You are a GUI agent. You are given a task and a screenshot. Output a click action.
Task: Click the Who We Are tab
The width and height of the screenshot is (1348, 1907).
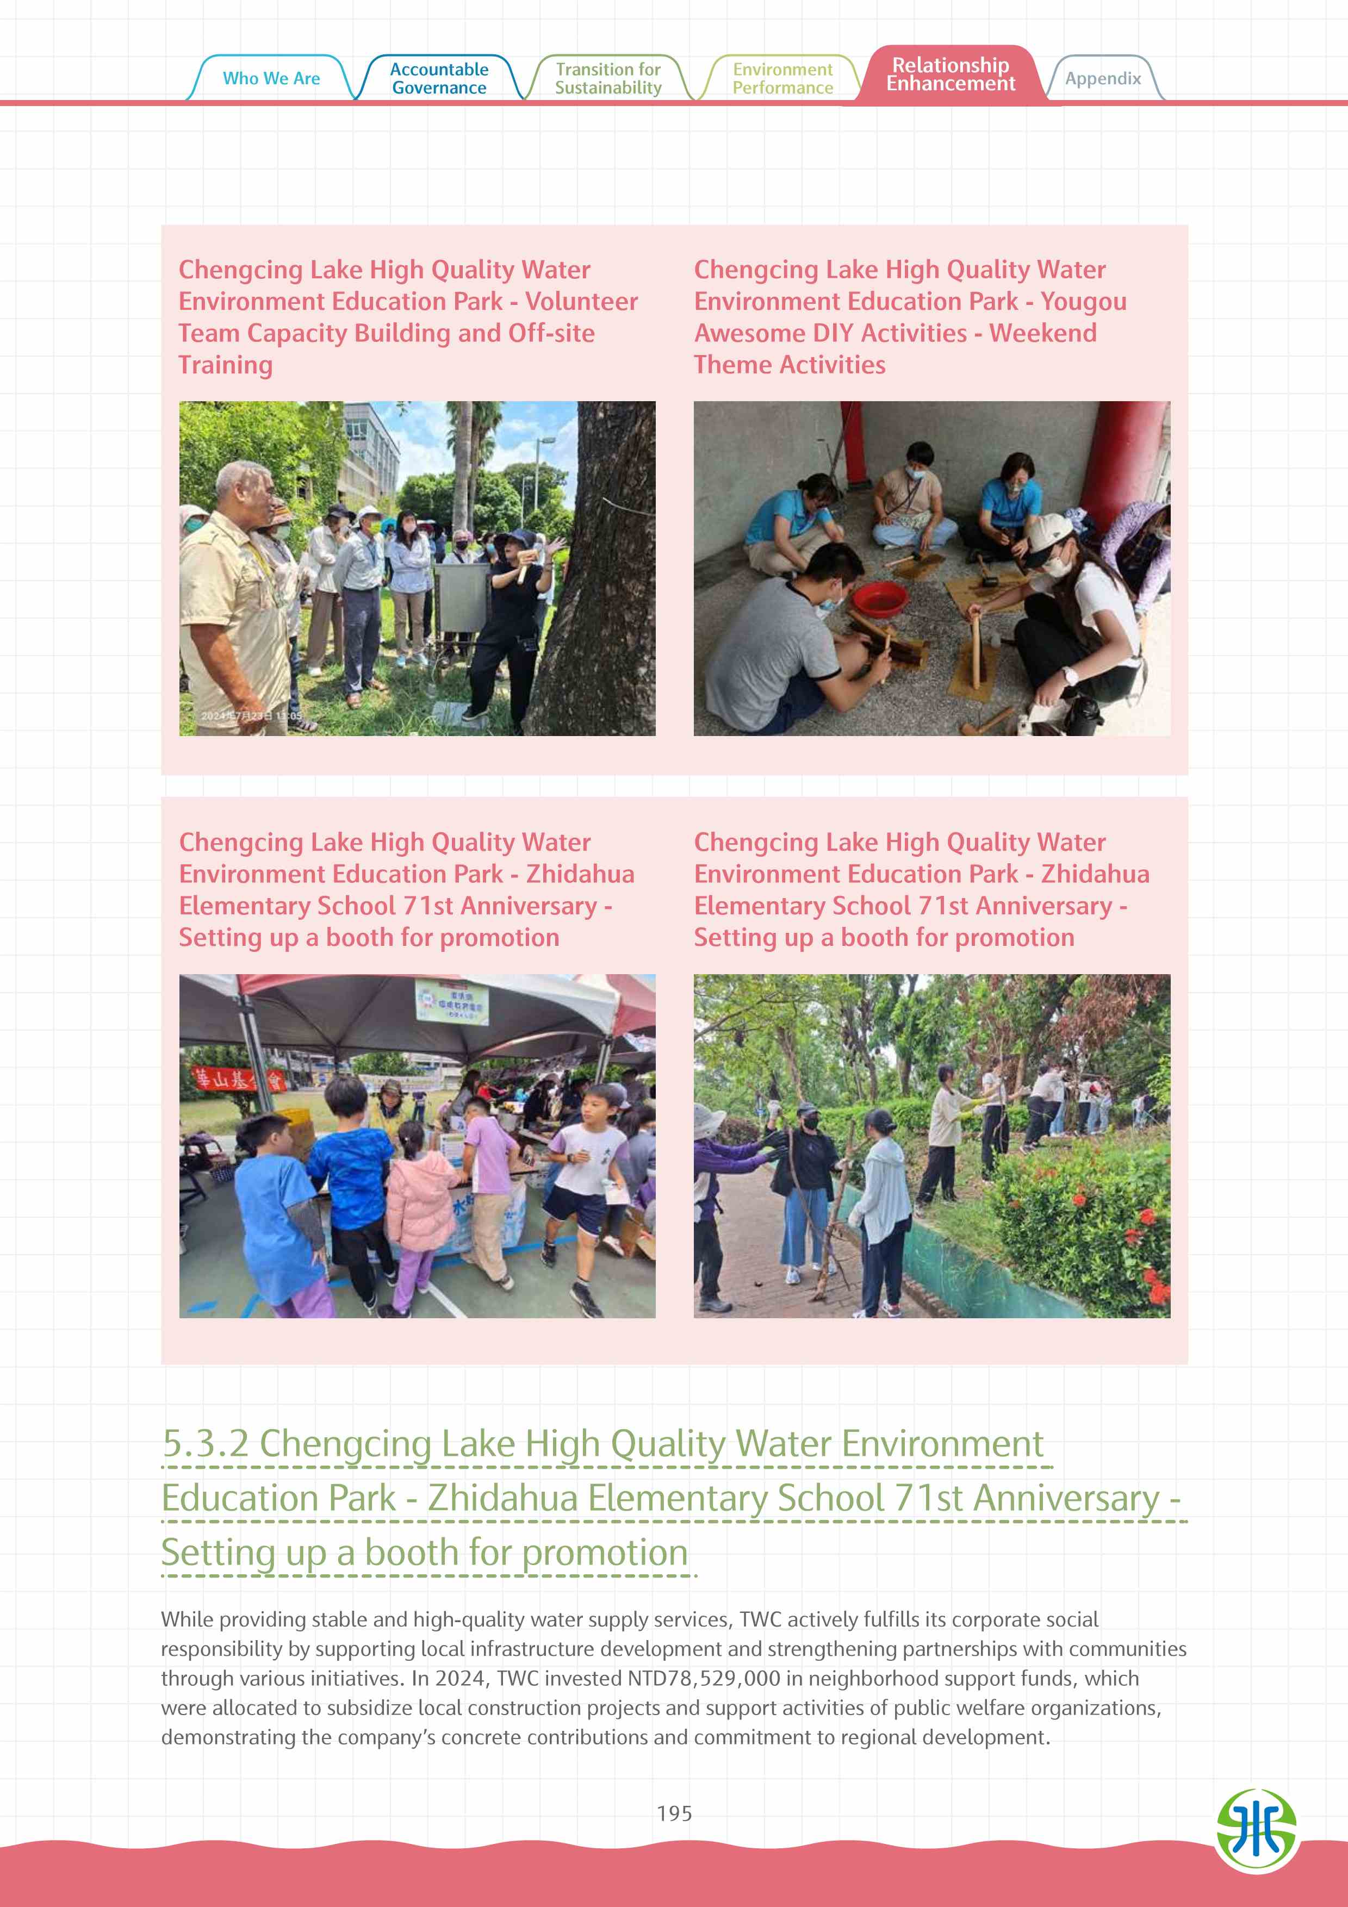point(271,78)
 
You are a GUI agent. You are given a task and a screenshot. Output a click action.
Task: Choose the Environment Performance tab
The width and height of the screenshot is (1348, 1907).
point(782,78)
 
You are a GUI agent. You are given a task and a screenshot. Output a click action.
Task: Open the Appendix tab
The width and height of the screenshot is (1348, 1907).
point(1103,78)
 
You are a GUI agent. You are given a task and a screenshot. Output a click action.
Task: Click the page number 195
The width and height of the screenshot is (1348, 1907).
point(674,1813)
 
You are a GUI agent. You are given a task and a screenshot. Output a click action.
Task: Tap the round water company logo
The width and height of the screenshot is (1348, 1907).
point(1256,1830)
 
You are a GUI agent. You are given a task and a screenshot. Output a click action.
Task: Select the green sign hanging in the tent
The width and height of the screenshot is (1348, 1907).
point(452,1002)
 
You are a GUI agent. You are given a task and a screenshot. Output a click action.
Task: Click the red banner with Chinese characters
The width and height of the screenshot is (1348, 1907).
point(238,1079)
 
